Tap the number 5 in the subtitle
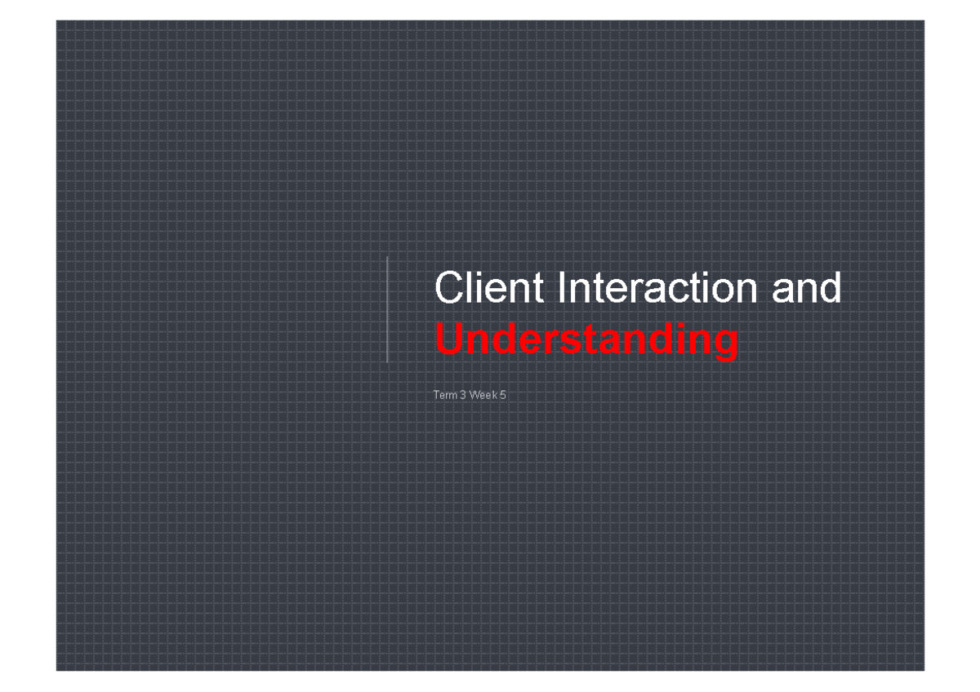pyautogui.click(x=503, y=396)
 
